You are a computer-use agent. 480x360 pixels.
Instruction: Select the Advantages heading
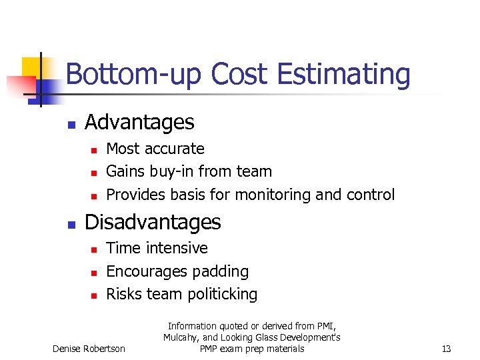pyautogui.click(x=139, y=122)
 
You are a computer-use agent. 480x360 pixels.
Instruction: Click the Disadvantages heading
pyautogui.click(x=153, y=221)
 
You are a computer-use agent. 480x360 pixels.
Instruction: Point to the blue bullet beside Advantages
pyautogui.click(x=71, y=124)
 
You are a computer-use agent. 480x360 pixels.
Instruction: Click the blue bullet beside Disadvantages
pyautogui.click(x=71, y=223)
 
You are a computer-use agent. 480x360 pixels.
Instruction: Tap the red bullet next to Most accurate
pyautogui.click(x=94, y=150)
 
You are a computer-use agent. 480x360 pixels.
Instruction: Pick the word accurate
pyautogui.click(x=179, y=149)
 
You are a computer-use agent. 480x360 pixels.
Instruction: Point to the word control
pyautogui.click(x=371, y=195)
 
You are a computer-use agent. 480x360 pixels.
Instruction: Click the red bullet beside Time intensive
pyautogui.click(x=94, y=249)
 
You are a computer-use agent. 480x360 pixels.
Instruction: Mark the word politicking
pyautogui.click(x=219, y=294)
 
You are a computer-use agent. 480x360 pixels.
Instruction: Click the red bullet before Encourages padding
pyautogui.click(x=94, y=273)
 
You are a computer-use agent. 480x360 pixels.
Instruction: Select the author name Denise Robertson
pyautogui.click(x=89, y=349)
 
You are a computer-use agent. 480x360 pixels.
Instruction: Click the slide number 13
pyautogui.click(x=446, y=349)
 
